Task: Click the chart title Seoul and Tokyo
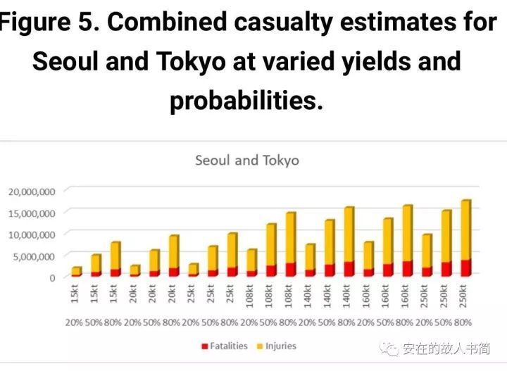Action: (246, 161)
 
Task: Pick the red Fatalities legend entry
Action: (225, 346)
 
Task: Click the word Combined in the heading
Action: (167, 23)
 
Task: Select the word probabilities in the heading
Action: (246, 101)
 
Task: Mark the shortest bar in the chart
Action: (76, 272)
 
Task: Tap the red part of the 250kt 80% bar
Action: (466, 268)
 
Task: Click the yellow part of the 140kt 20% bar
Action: (310, 257)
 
